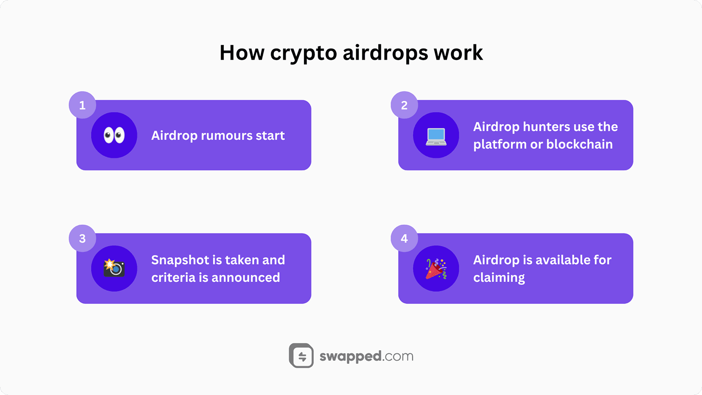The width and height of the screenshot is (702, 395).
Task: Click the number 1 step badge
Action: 82,105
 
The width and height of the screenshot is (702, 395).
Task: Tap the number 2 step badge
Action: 404,105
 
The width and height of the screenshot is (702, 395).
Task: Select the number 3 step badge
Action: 82,238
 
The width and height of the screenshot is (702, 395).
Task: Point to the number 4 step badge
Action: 404,238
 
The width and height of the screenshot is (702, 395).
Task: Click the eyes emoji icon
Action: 114,136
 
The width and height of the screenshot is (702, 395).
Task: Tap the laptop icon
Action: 436,137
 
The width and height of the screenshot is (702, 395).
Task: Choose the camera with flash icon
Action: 114,268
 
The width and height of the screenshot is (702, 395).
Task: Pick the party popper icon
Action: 436,269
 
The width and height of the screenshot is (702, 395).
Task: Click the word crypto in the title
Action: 303,53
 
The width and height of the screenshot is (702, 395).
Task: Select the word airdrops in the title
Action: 386,53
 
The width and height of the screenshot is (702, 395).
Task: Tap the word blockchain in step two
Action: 580,144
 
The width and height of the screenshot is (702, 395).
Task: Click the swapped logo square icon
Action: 301,355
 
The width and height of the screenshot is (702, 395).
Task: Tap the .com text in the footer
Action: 398,356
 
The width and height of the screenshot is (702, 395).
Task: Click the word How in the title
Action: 242,53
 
